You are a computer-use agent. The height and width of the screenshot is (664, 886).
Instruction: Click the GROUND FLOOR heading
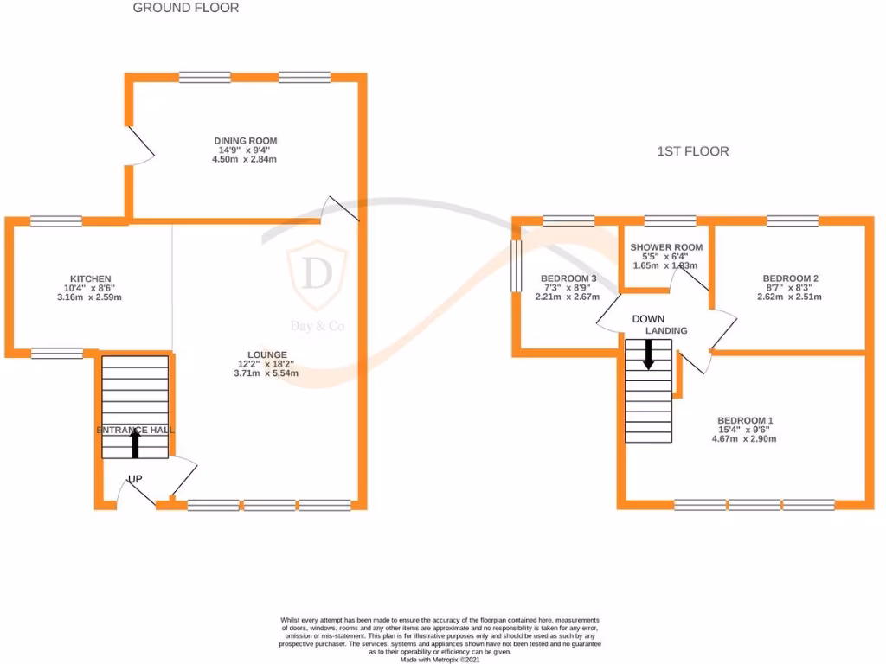[x=185, y=8]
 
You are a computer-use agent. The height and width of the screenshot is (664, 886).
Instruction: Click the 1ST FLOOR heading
[x=692, y=151]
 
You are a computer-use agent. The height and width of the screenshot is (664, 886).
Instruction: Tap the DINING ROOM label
[x=246, y=141]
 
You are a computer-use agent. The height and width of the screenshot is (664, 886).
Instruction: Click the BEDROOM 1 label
[x=740, y=419]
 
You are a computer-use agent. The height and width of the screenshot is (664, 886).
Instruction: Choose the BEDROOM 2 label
[x=790, y=278]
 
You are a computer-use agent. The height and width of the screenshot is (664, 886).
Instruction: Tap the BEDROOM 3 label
[x=568, y=278]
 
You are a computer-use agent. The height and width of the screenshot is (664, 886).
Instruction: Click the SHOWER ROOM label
[x=666, y=247]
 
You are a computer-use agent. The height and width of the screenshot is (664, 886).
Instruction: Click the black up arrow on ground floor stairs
[x=135, y=444]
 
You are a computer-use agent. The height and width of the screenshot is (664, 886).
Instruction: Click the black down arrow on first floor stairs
[x=647, y=354]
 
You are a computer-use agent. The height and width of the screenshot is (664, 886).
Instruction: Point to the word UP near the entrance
[x=135, y=479]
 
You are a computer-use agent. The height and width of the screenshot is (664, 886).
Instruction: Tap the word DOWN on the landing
[x=648, y=319]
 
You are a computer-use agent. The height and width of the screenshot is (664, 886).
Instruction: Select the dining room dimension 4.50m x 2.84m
[x=246, y=159]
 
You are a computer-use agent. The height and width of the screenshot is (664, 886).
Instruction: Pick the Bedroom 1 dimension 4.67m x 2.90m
[x=740, y=438]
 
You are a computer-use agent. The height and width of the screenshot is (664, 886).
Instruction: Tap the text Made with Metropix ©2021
[x=441, y=659]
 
